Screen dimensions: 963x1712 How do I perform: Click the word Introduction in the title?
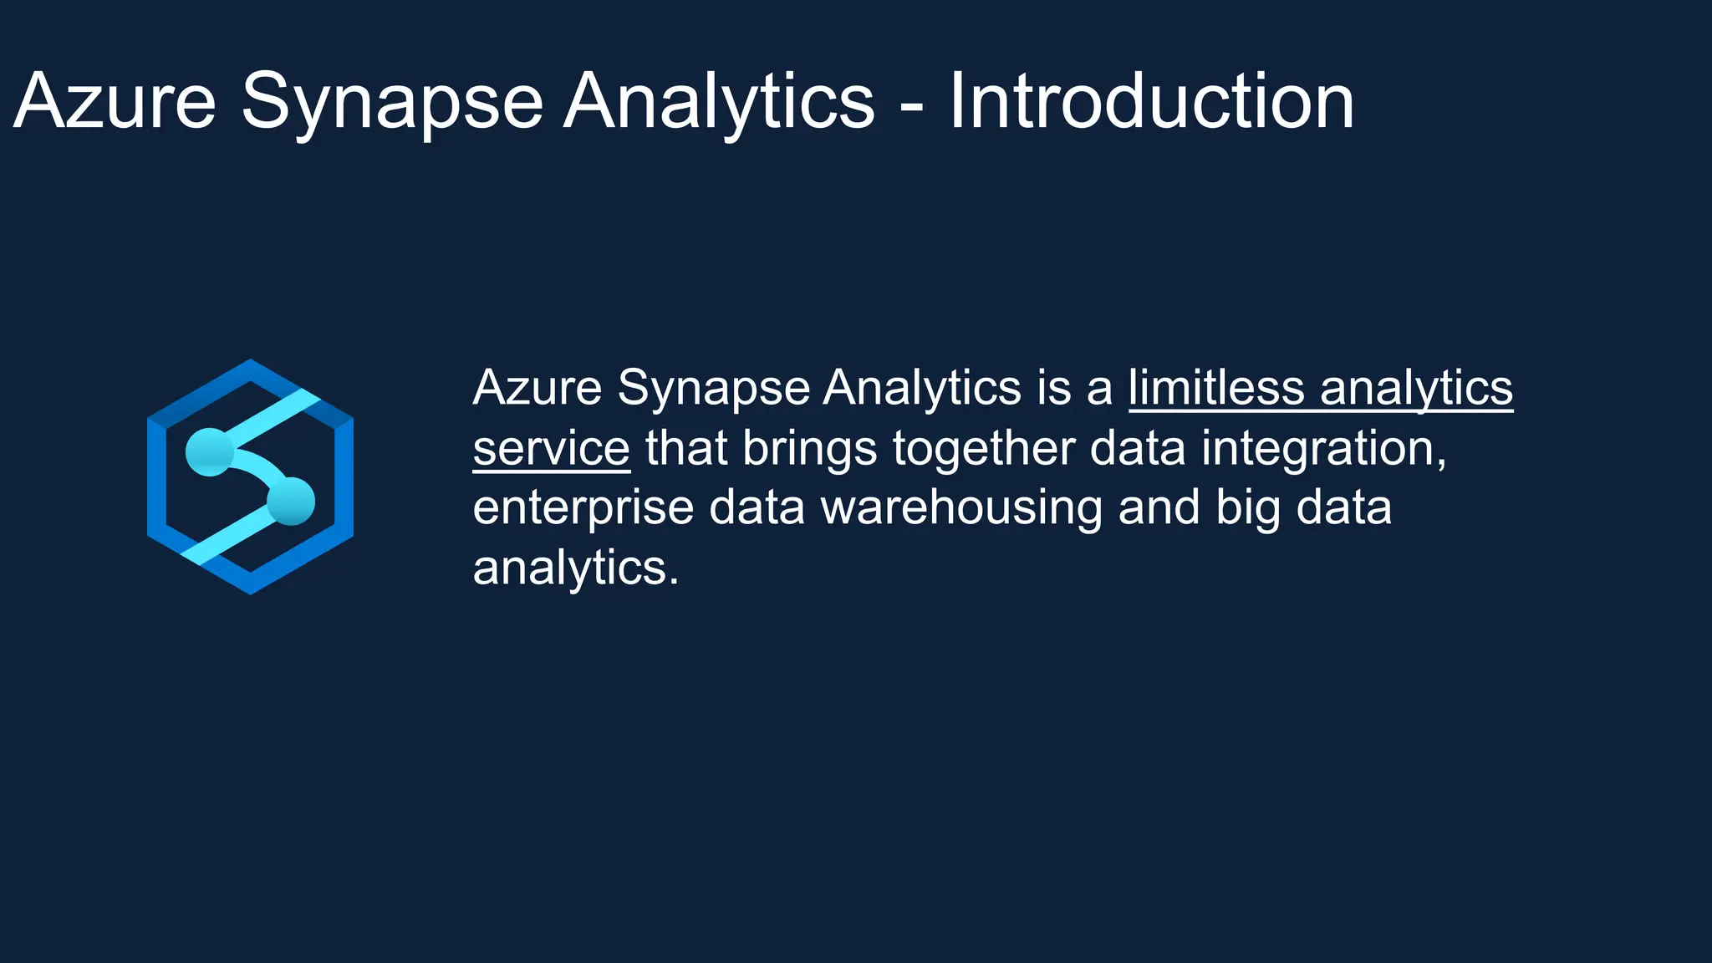(1151, 101)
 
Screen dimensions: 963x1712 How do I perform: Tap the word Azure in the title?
(115, 101)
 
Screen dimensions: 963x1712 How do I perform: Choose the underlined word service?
(551, 448)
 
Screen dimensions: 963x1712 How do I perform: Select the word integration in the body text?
(1323, 448)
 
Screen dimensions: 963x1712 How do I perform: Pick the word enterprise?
(583, 509)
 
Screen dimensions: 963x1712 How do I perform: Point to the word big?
(1247, 508)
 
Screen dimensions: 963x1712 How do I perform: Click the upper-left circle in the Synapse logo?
(209, 451)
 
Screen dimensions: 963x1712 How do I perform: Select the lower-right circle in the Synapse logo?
(291, 501)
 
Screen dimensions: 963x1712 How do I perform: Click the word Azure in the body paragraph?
(538, 388)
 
